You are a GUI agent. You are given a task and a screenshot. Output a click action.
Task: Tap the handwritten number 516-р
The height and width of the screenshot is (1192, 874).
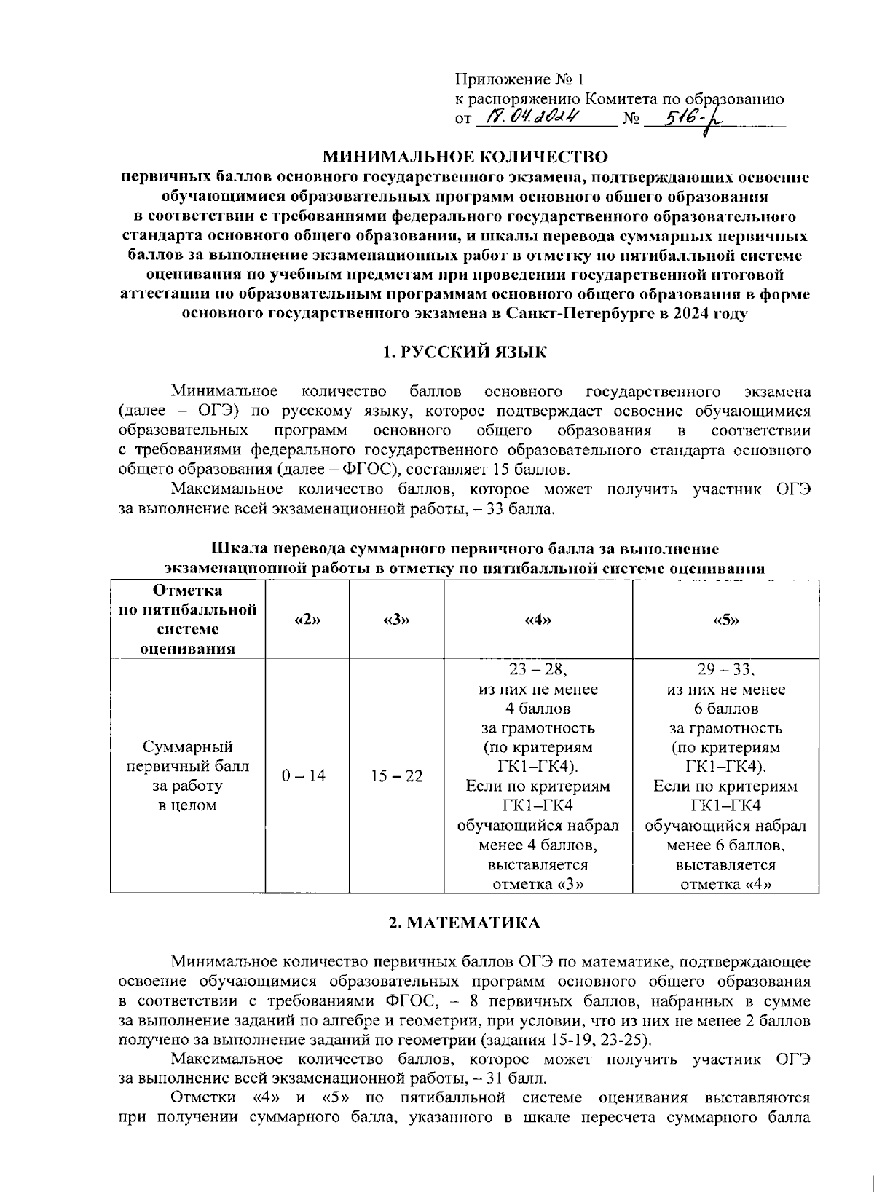[x=682, y=118]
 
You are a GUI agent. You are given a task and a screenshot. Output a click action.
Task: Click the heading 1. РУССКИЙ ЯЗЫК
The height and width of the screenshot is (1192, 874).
[x=465, y=352]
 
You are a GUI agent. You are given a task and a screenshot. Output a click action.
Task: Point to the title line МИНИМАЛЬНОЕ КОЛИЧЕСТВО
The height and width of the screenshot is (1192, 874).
[x=465, y=157]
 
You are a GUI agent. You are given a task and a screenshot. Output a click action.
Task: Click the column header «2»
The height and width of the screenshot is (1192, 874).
[x=307, y=620]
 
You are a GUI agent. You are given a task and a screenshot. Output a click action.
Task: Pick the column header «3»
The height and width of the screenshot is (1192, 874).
[x=396, y=620]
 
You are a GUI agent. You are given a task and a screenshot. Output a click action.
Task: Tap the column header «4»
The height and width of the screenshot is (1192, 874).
[x=538, y=620]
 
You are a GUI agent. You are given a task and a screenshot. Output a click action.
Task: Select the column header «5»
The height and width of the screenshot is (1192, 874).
[x=725, y=620]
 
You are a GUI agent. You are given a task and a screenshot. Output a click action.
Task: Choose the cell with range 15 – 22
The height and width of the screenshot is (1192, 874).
[x=396, y=776]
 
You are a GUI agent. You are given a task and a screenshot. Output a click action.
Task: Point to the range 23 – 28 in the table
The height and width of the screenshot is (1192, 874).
[x=537, y=669]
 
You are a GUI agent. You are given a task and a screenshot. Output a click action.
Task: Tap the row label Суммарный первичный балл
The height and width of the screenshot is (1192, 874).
[x=187, y=757]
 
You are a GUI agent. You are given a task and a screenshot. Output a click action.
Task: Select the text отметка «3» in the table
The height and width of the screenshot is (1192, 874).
[x=538, y=885]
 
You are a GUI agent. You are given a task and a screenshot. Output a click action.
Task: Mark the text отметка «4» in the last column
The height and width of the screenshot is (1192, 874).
[x=725, y=885]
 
